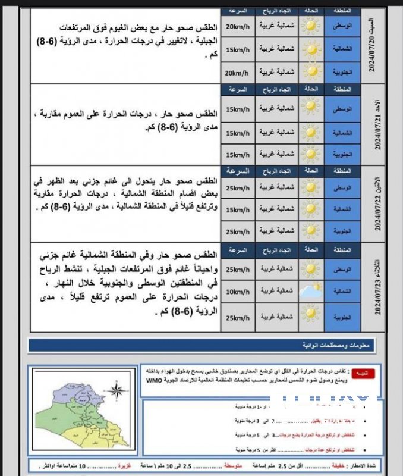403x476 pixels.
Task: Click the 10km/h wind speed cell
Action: click(x=238, y=291)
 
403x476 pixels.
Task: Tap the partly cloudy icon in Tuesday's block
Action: click(x=310, y=292)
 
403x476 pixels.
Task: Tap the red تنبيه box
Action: click(x=360, y=373)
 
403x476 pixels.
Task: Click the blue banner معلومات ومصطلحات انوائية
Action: click(x=202, y=345)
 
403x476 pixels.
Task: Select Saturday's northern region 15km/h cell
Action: click(x=238, y=48)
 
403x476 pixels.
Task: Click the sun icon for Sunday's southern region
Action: click(x=310, y=154)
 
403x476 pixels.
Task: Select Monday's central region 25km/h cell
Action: click(x=238, y=187)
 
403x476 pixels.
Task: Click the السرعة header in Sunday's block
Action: click(x=238, y=89)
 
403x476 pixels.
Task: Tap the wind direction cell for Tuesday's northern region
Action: click(x=276, y=291)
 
